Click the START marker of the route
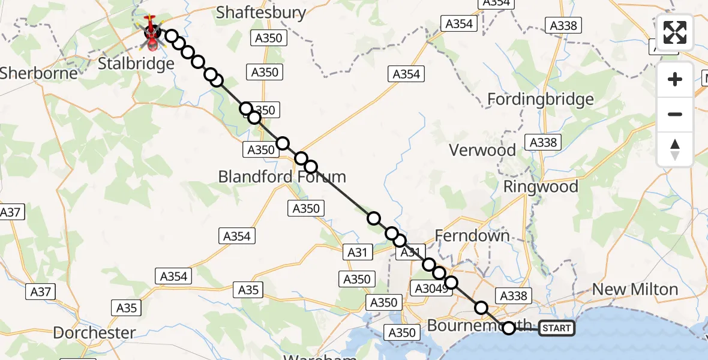(x=556, y=328)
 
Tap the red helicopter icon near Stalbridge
(x=152, y=33)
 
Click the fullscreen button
(x=675, y=32)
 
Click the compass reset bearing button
(x=675, y=149)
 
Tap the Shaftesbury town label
(x=261, y=13)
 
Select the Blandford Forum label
(x=282, y=177)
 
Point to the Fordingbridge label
(x=541, y=99)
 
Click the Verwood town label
(x=482, y=150)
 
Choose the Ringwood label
(x=541, y=187)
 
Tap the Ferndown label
(x=473, y=236)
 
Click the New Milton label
(x=634, y=289)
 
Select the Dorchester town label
(x=94, y=332)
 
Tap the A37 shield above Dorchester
(x=41, y=292)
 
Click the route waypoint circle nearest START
(x=509, y=328)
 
